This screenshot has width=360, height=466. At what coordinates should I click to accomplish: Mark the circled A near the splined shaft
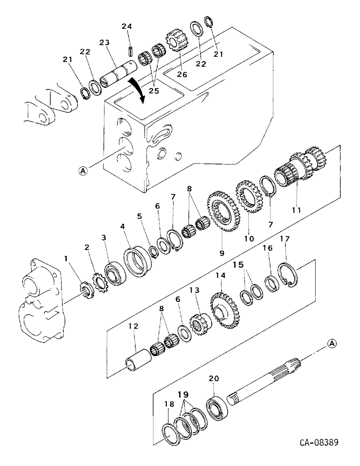pos(332,343)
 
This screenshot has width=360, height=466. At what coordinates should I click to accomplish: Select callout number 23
pos(104,42)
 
